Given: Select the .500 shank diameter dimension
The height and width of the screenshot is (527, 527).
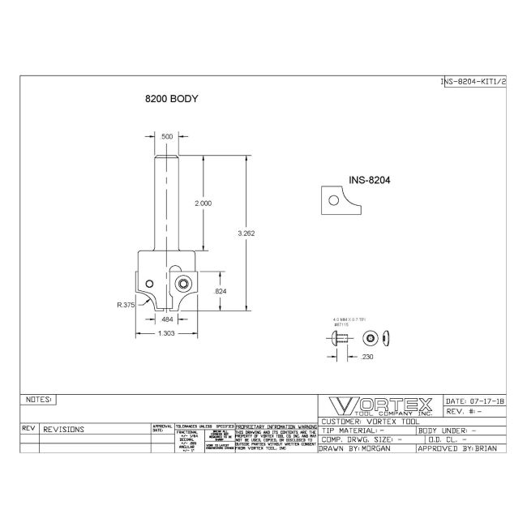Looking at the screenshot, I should point(166,136).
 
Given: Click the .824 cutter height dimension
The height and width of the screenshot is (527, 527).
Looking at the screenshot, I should point(219,291).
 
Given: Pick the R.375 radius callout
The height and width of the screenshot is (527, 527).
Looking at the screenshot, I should point(125,306).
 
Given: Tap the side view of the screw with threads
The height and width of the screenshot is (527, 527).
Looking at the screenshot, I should point(340,337).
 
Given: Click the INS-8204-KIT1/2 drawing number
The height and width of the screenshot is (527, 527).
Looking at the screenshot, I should point(473,82).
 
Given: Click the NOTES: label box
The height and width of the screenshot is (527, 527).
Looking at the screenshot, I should point(40,400).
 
